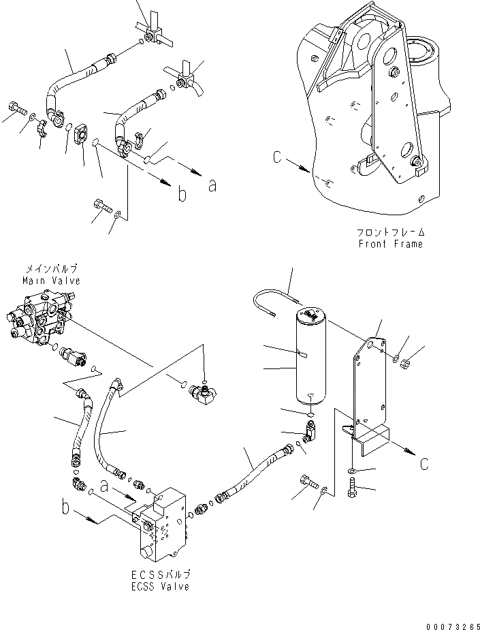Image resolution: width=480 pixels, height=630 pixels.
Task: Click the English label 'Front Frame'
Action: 389,244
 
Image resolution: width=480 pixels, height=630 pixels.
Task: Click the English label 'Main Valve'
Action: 51,281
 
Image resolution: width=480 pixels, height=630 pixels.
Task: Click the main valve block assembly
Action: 39,319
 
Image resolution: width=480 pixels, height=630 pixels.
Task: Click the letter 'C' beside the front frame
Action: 276,158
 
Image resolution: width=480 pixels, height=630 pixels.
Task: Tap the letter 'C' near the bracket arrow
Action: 423,464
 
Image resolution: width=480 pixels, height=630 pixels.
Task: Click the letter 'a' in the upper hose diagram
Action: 212,185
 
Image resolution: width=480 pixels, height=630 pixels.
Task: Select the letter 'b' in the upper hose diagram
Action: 181,195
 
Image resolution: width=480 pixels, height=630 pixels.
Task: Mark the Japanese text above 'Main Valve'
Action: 51,268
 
